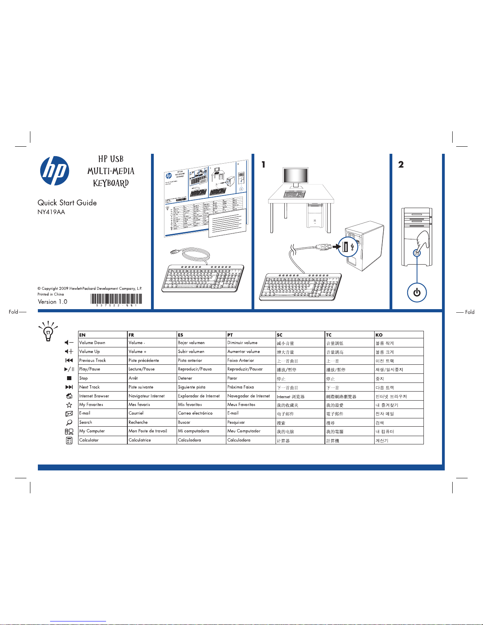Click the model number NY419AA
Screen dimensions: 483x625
51,212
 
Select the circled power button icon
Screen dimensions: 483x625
417,293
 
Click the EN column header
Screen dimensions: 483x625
82,335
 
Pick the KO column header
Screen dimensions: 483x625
379,335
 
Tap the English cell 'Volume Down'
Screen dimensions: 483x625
92,343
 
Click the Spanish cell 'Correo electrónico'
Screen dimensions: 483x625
195,413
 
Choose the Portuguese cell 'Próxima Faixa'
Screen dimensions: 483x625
241,387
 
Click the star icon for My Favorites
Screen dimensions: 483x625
69,405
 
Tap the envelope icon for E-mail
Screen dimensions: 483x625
69,414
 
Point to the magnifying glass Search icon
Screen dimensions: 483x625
69,422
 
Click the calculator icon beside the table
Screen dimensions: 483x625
69,440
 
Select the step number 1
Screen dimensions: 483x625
263,165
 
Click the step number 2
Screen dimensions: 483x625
401,165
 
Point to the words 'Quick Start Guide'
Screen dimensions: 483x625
67,203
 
